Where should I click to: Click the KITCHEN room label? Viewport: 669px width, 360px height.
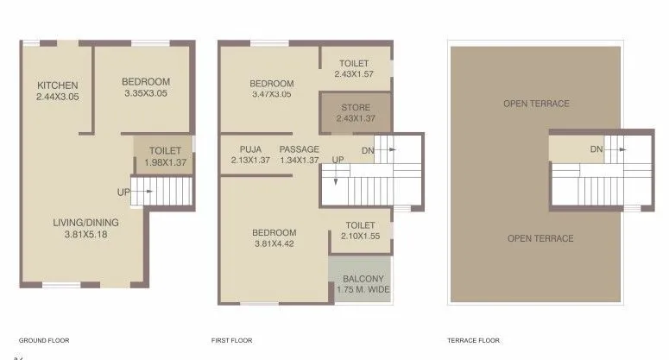pos(58,85)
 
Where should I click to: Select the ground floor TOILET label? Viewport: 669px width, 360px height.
pos(165,150)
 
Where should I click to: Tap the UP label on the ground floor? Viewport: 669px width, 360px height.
pos(123,192)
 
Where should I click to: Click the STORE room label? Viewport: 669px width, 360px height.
pos(355,108)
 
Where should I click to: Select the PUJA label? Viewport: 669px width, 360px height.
pos(250,149)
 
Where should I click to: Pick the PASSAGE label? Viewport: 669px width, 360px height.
pos(299,149)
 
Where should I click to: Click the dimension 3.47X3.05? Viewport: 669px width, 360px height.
pos(270,94)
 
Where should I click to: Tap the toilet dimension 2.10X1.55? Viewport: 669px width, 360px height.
pos(355,236)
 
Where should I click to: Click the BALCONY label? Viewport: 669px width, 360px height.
pos(363,279)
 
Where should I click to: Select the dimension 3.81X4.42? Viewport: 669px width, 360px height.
pos(274,243)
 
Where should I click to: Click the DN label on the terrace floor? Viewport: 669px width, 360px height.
pos(596,149)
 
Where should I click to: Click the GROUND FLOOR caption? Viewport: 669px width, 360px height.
pos(44,340)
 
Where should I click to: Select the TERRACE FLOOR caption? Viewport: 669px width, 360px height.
pos(473,340)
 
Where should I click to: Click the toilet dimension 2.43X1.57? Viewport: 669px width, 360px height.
pos(355,74)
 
